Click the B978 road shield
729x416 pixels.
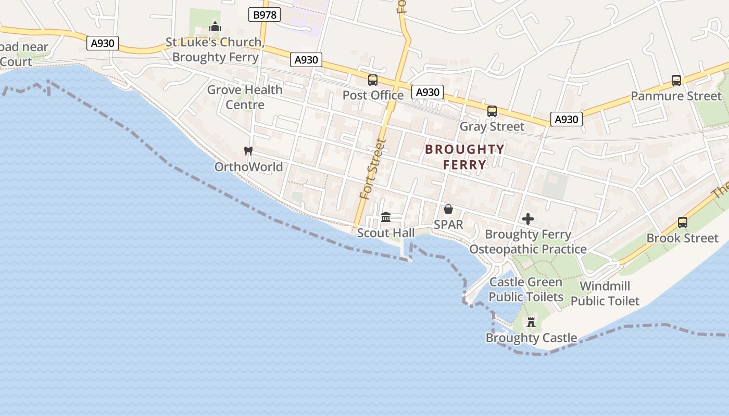[x=265, y=15]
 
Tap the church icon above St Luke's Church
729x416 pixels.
[x=215, y=27]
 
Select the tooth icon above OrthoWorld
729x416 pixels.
[x=248, y=151]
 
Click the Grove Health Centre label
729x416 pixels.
[x=245, y=97]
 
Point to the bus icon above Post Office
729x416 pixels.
[x=373, y=80]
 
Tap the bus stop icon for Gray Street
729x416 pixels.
[x=492, y=111]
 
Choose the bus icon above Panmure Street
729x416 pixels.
[x=676, y=81]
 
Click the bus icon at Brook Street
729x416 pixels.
[x=682, y=223]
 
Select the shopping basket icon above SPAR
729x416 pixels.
[x=448, y=209]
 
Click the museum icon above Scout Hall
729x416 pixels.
[x=386, y=217]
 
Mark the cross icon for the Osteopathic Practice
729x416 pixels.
[x=528, y=219]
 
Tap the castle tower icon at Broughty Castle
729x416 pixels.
[x=531, y=322]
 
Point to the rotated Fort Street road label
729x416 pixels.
[x=373, y=169]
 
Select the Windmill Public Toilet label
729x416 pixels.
[x=605, y=293]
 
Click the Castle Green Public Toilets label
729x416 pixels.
[x=526, y=290]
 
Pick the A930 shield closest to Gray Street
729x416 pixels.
[x=566, y=119]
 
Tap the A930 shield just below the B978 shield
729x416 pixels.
[x=306, y=60]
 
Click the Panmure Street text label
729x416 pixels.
[x=676, y=96]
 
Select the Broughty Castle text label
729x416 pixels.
[x=531, y=338]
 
